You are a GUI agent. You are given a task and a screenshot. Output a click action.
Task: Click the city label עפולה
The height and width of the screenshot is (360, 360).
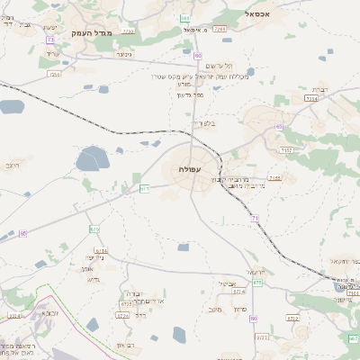pyautogui.click(x=191, y=168)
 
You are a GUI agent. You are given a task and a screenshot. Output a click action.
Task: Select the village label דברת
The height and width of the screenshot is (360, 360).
pyautogui.click(x=320, y=89)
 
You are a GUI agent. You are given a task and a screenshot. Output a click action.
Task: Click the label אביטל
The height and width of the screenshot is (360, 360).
pyautogui.click(x=227, y=283)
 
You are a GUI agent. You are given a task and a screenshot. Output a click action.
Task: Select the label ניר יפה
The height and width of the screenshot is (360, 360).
pyautogui.click(x=96, y=257)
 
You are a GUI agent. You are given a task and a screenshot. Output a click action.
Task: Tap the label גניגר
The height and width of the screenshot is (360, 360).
pyautogui.click(x=123, y=53)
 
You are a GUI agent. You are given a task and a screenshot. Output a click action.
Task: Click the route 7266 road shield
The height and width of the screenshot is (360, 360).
pyautogui.click(x=220, y=30)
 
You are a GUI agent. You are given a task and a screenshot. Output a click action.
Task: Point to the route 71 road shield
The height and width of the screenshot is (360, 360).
pyautogui.click(x=255, y=218)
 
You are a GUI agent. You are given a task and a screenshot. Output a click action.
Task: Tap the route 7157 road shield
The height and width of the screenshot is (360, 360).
pyautogui.click(x=286, y=149)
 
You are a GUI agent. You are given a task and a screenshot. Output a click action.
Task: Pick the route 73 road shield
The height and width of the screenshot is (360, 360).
pyautogui.click(x=144, y=188)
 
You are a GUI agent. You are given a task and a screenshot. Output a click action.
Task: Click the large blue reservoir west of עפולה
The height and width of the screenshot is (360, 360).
pyautogui.click(x=92, y=162)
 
